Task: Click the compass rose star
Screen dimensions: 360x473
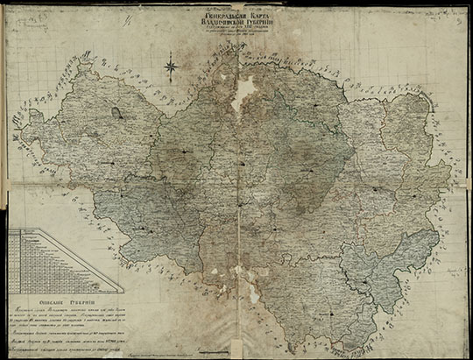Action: pos(172,64)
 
